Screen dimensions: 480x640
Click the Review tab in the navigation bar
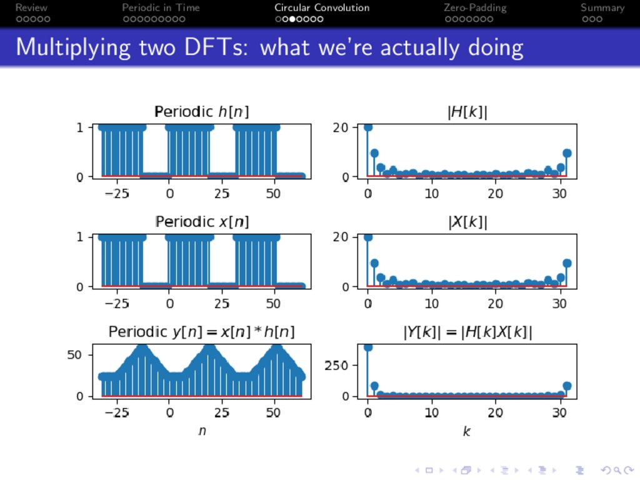31,7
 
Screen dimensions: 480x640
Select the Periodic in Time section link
161,7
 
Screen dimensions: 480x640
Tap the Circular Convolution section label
322,7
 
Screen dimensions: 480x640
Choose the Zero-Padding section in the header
475,7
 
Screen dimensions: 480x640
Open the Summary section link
602,7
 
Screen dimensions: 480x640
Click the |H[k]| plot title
467,112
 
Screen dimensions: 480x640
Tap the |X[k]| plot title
467,221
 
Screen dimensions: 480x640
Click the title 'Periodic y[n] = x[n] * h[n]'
202,331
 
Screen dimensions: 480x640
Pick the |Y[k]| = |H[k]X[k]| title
467,331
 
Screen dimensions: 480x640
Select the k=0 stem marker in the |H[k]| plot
368,127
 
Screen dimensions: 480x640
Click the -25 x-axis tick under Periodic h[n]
117,193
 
